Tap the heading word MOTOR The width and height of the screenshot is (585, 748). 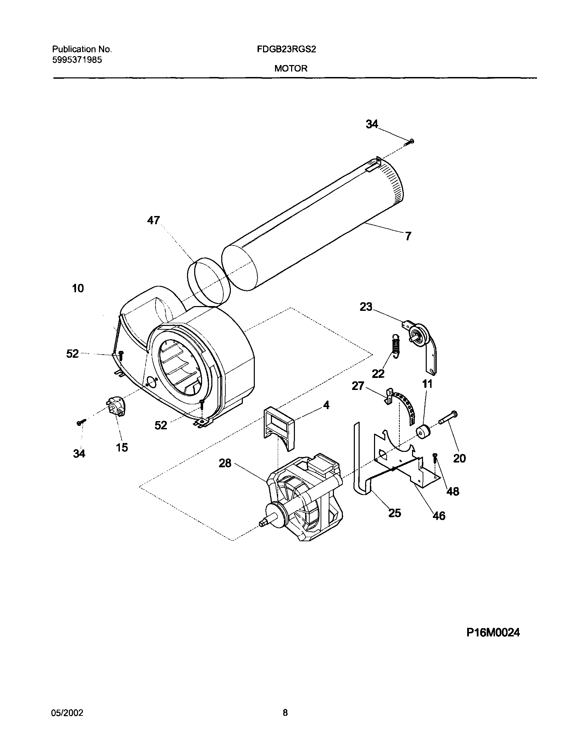[290, 68]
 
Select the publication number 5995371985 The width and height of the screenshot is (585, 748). [77, 60]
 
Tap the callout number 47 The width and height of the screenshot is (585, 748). [153, 220]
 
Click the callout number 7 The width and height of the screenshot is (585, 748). [408, 236]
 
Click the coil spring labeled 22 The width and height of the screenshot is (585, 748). [396, 346]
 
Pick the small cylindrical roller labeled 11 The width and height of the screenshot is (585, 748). [423, 432]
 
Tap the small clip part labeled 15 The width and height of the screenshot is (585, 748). [116, 406]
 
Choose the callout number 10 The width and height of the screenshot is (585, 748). [78, 288]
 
